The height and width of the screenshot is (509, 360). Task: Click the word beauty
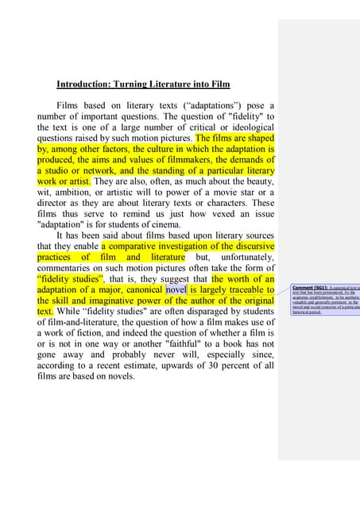pyautogui.click(x=257, y=181)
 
